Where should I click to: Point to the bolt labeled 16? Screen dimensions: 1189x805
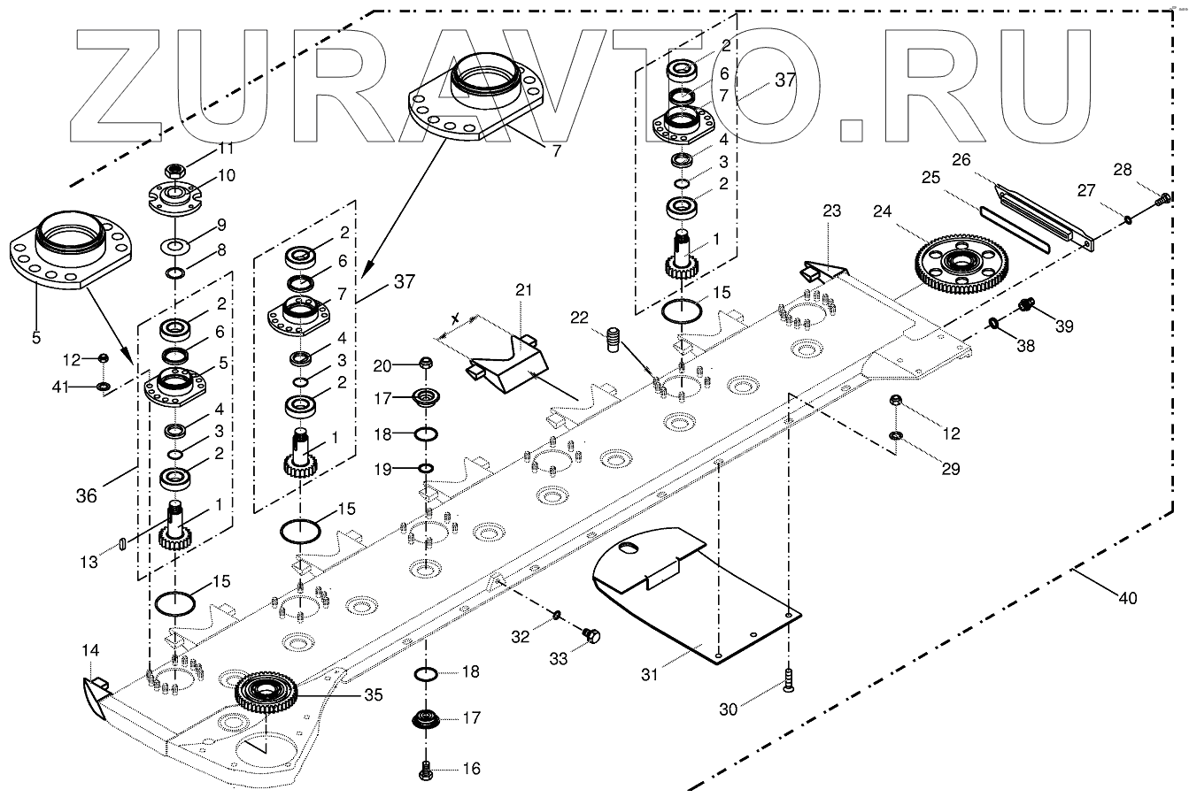point(425,770)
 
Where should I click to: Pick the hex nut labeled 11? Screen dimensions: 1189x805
point(174,172)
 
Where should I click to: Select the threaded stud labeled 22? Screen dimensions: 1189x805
point(613,340)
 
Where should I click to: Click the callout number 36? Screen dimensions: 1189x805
point(87,496)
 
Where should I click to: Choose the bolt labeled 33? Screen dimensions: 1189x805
point(591,635)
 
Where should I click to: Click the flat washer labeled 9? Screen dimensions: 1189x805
point(174,247)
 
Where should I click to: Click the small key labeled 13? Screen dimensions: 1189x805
point(122,544)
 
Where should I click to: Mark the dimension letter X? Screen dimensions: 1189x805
point(455,319)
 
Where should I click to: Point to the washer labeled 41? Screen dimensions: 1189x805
point(104,386)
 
